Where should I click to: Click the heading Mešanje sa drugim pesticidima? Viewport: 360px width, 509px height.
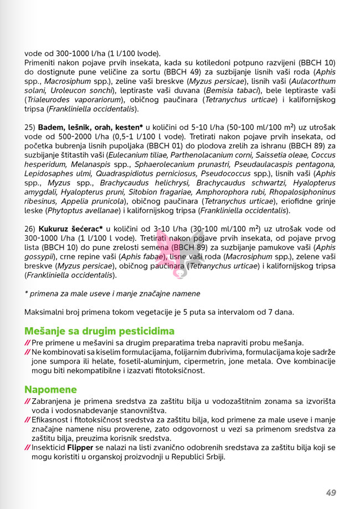point(99,331)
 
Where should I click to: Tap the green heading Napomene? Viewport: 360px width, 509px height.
point(50,389)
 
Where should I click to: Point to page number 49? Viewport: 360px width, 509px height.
point(331,492)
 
